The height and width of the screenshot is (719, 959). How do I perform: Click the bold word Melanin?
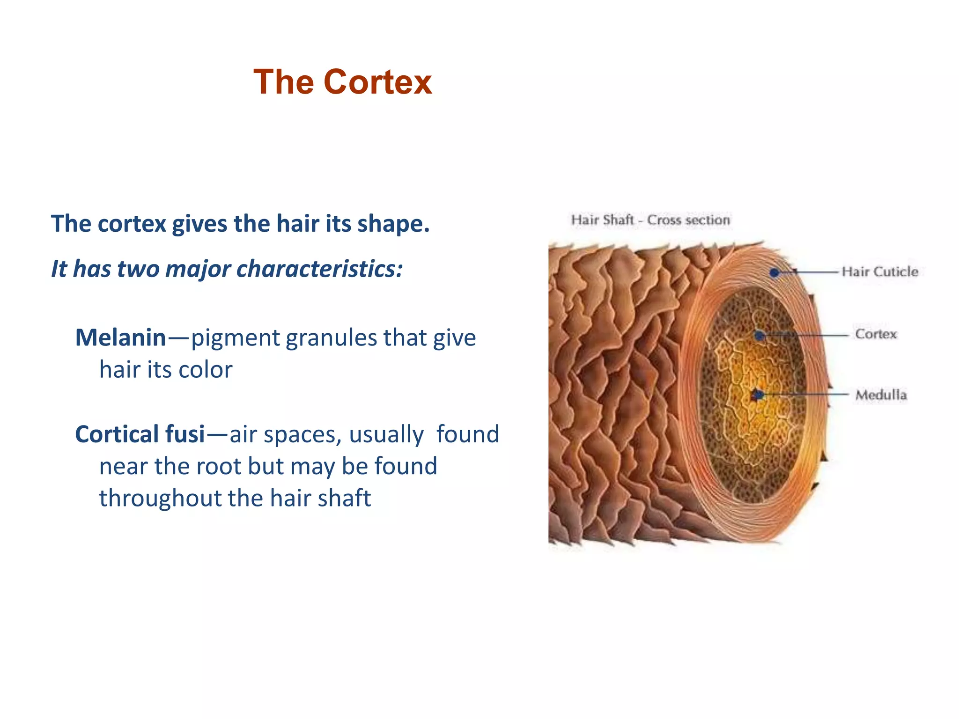coord(120,337)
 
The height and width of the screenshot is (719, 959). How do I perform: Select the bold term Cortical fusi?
coord(140,434)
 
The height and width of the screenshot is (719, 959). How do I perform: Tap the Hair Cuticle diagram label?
coord(879,271)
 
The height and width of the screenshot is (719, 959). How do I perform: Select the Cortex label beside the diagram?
coord(876,334)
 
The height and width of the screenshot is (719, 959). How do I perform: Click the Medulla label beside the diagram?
coord(881,395)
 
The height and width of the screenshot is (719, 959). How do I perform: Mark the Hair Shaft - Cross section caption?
coord(650,220)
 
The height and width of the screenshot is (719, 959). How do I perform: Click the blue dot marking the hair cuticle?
coord(775,272)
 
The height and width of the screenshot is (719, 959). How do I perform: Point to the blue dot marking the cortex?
coord(760,335)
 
